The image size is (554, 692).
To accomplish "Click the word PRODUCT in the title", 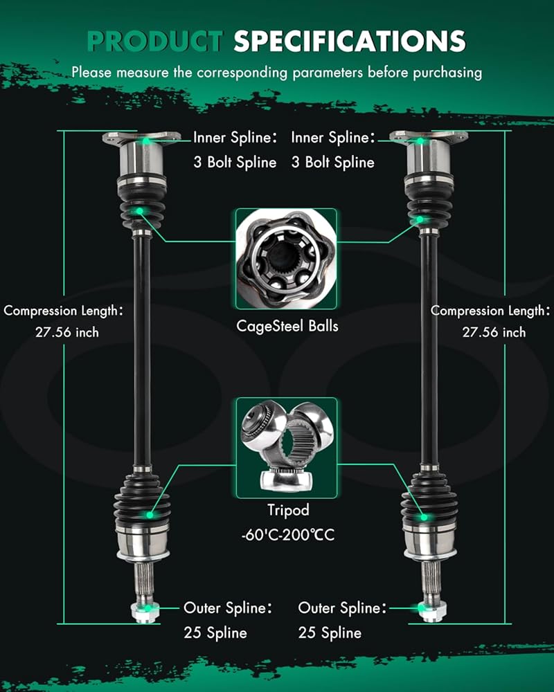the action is [155, 42].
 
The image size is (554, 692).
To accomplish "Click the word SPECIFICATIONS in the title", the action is [350, 42].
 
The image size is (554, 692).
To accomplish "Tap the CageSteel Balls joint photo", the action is [286, 259].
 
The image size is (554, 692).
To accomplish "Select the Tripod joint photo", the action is [286, 448].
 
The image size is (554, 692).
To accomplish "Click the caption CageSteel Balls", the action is [287, 326].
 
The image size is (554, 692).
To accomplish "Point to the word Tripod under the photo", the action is [288, 510].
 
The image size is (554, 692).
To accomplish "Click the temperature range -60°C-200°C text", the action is [288, 535].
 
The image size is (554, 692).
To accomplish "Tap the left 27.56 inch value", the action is [67, 332].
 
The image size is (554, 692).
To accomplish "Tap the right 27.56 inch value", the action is [494, 332].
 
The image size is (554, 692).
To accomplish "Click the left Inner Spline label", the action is [235, 138].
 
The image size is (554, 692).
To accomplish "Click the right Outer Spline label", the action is [342, 608].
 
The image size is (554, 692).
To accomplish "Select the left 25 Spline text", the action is [215, 632].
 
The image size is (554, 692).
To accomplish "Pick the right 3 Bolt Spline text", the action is [332, 163].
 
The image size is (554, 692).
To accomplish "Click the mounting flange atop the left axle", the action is [141, 138].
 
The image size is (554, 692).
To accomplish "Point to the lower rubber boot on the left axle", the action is [142, 500].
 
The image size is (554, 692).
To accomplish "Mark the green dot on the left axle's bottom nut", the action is [148, 608].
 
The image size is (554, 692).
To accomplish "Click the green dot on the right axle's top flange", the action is [420, 140].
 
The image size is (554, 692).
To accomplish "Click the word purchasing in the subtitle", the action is [447, 73].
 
